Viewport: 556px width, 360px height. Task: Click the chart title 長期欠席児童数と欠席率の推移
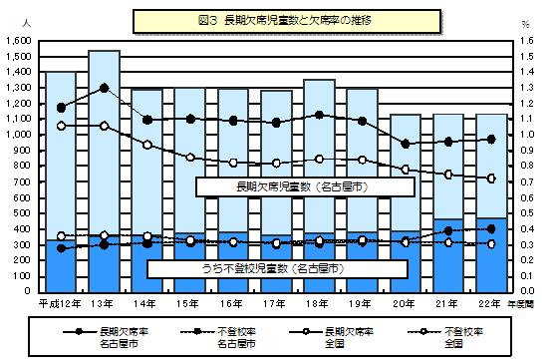[x=277, y=20]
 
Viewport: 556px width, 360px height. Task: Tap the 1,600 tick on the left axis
[x=19, y=40]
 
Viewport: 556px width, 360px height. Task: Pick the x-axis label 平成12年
[x=57, y=301]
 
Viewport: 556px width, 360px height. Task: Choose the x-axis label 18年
[x=319, y=301]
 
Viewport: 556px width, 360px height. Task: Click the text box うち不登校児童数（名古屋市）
[x=277, y=268]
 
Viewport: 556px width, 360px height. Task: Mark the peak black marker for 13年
[x=104, y=88]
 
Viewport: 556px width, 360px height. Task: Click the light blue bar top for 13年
[x=104, y=52]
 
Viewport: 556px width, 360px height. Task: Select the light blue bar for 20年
[x=405, y=170]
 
